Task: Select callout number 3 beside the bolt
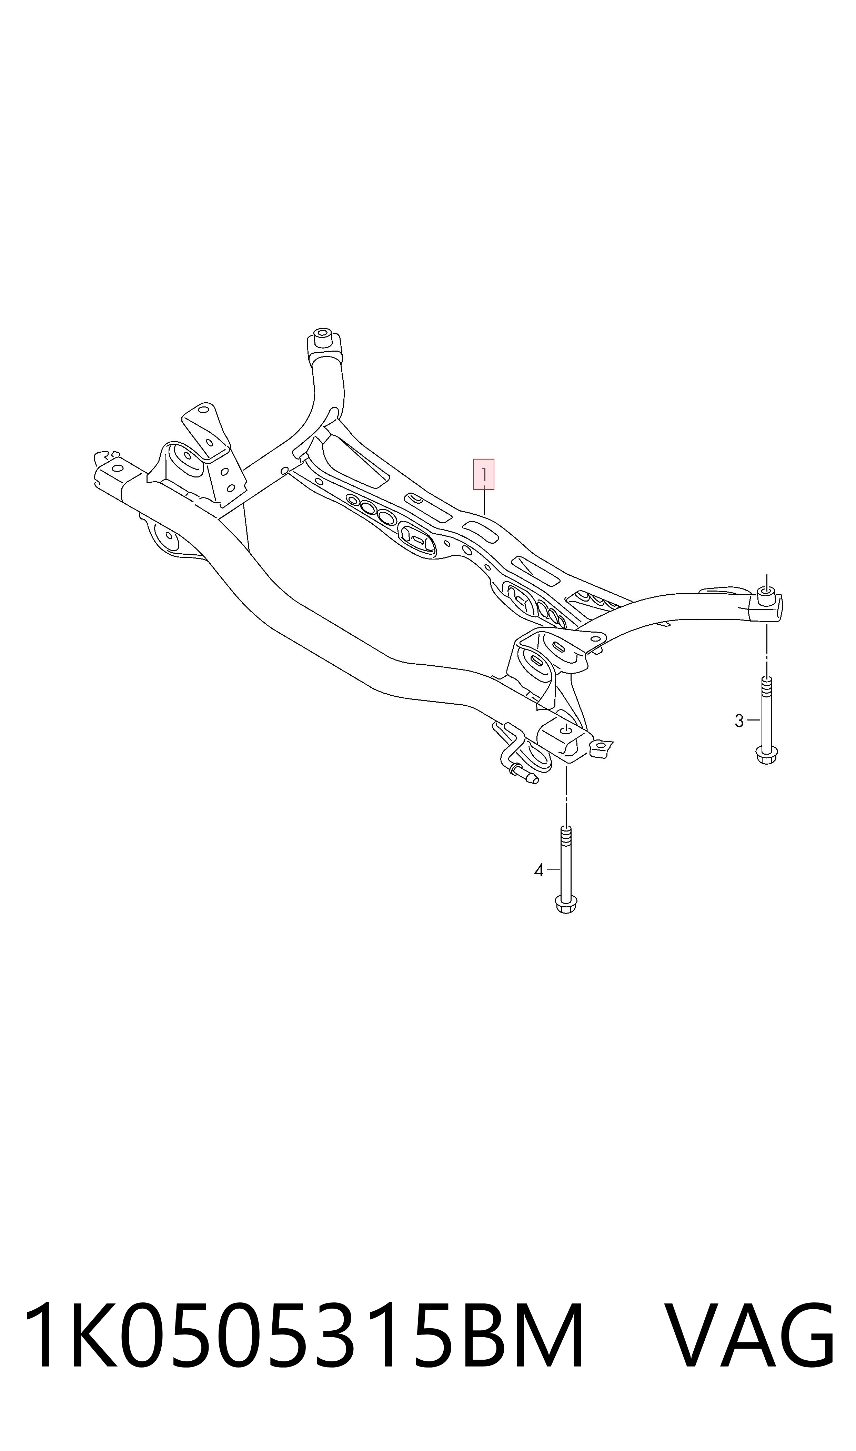click(x=739, y=721)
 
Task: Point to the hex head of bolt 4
click(x=566, y=904)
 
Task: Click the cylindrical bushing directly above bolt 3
click(x=766, y=594)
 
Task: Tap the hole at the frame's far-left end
click(x=118, y=468)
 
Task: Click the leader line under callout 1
click(x=484, y=502)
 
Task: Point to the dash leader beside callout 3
click(x=753, y=720)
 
